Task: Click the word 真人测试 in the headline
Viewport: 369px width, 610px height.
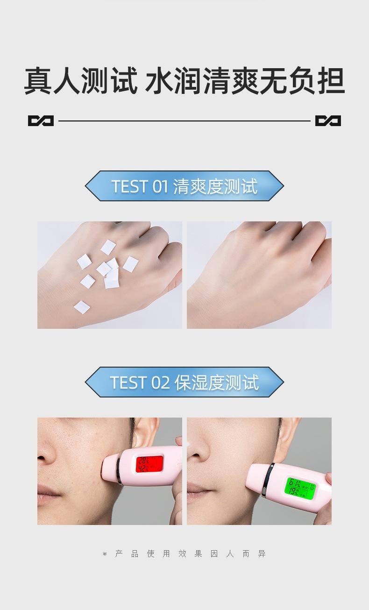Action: [x=81, y=81]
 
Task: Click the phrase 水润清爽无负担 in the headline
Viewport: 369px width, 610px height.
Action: [x=245, y=81]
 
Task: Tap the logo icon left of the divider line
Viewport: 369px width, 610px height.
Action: [x=41, y=121]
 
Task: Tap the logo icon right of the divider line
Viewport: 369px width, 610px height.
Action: [x=328, y=121]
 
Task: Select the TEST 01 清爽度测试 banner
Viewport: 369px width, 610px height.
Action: [x=184, y=186]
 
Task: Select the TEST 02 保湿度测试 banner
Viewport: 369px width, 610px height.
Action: [x=184, y=382]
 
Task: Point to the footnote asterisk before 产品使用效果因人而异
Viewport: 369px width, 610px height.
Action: [x=105, y=554]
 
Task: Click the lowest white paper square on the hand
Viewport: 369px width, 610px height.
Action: [x=82, y=307]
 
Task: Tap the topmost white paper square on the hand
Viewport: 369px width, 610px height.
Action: [x=108, y=247]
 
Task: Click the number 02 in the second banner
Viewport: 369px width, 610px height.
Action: [x=160, y=383]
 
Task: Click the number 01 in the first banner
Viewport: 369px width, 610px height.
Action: [x=160, y=186]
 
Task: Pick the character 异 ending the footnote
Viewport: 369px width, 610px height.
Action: [x=262, y=554]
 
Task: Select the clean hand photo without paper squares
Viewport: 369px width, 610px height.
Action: [x=259, y=275]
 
